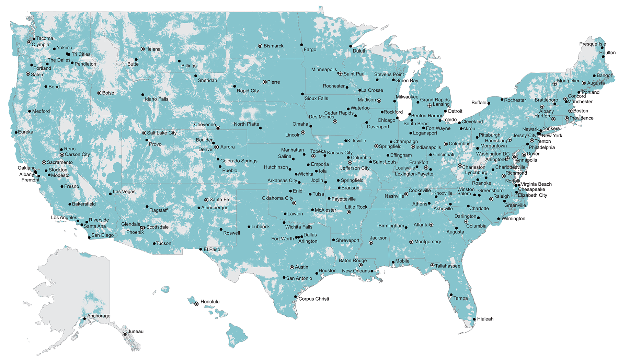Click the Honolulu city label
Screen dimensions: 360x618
(x=210, y=302)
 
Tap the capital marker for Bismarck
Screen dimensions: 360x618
(x=260, y=46)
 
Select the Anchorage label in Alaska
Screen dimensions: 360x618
(x=99, y=316)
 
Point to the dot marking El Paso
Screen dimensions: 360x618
(x=201, y=249)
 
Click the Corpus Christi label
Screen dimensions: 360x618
(x=313, y=299)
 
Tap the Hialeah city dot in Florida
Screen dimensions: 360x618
(x=474, y=319)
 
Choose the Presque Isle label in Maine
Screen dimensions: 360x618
(x=593, y=44)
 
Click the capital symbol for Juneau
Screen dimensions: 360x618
(x=125, y=334)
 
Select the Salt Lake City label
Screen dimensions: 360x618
(x=162, y=133)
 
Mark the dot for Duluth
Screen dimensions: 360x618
(x=351, y=46)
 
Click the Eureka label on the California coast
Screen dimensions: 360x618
(x=25, y=132)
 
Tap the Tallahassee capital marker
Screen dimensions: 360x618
(x=433, y=265)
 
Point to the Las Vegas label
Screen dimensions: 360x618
(x=124, y=191)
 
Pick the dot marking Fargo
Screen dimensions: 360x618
(x=301, y=45)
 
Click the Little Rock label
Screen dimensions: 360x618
(x=356, y=207)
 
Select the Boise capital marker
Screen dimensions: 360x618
(x=99, y=93)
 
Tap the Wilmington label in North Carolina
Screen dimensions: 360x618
(x=513, y=219)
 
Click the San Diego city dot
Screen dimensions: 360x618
(x=89, y=237)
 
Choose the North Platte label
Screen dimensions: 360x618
(x=246, y=124)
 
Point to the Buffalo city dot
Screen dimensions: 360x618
(x=489, y=103)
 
